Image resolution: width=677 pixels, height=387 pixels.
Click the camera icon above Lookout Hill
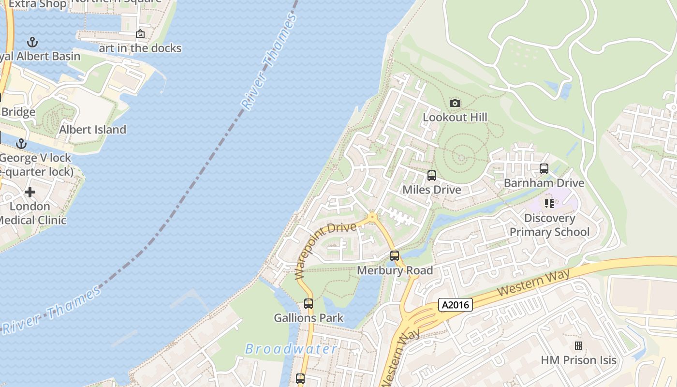(x=455, y=103)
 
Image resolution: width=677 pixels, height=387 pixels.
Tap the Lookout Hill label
(x=455, y=117)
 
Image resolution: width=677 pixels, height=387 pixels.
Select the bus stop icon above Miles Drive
(x=432, y=176)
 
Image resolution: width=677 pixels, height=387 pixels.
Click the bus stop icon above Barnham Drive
(x=544, y=169)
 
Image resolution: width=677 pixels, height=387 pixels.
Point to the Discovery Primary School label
(x=549, y=225)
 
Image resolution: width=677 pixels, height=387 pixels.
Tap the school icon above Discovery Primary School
(x=549, y=204)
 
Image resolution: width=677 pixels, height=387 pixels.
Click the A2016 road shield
(x=455, y=304)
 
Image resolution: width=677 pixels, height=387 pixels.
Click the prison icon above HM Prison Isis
(x=578, y=345)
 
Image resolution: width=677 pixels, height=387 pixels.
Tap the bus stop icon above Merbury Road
(x=395, y=256)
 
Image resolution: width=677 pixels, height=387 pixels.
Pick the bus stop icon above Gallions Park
(x=309, y=304)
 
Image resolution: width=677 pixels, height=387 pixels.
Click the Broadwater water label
(x=291, y=349)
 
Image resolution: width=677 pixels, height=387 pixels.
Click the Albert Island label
(x=92, y=130)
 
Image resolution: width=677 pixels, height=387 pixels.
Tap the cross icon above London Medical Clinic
(x=30, y=192)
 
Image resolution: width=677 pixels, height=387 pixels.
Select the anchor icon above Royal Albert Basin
(x=32, y=42)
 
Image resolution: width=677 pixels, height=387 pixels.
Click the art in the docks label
(x=140, y=48)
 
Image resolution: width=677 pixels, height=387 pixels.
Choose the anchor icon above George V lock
(x=21, y=144)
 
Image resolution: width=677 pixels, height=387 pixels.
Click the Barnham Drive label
(x=544, y=183)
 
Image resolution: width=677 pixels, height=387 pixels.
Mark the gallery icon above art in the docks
(x=140, y=34)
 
